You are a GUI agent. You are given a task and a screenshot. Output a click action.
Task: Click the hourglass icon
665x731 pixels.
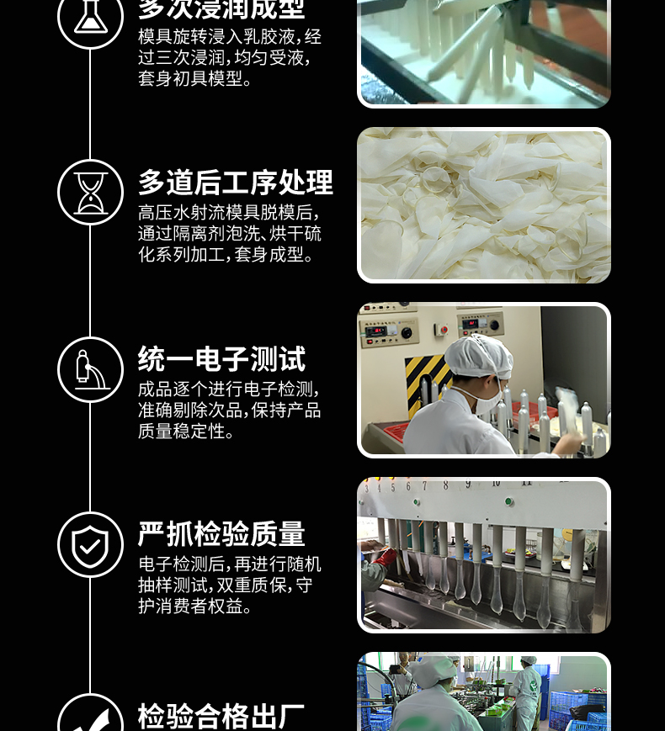point(91,193)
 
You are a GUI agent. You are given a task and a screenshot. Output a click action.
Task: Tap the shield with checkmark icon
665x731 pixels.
point(91,545)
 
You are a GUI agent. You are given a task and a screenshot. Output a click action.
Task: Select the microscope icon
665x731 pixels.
point(91,369)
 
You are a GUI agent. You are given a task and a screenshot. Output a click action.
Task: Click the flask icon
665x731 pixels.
point(91,17)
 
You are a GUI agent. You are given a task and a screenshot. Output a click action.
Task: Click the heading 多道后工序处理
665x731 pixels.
point(236,183)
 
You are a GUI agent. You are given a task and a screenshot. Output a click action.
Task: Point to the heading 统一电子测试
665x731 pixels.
point(221,358)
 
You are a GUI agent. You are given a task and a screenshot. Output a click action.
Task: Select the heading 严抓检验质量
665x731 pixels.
point(221,534)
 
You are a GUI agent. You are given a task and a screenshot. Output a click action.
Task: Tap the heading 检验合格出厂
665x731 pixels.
point(221,717)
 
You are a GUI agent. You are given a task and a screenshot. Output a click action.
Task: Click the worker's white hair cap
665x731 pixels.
point(479,358)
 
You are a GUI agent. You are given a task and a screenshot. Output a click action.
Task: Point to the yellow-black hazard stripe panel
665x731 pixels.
point(426,377)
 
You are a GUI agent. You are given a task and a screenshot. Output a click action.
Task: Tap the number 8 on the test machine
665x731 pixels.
point(445,485)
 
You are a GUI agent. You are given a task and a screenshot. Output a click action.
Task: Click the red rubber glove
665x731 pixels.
point(385,557)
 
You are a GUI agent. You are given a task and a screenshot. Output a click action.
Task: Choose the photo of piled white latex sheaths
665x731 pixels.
point(484,205)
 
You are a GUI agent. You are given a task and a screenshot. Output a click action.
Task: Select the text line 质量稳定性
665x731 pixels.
point(182,432)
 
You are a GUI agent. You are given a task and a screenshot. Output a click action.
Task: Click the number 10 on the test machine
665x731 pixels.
point(496,483)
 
